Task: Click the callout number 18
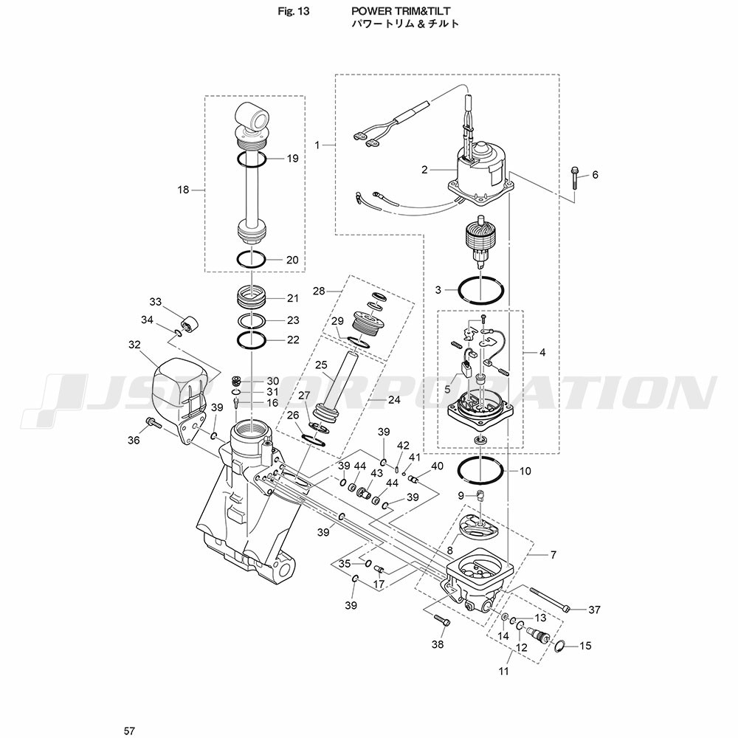point(184,190)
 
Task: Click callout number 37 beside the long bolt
point(594,610)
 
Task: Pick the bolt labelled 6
point(574,176)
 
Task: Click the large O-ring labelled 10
point(480,469)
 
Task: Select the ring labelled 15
point(559,646)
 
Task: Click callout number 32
point(134,344)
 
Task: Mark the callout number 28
point(318,291)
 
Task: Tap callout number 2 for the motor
point(424,170)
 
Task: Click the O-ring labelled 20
point(251,260)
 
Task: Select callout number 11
point(504,672)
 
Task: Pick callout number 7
point(553,553)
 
